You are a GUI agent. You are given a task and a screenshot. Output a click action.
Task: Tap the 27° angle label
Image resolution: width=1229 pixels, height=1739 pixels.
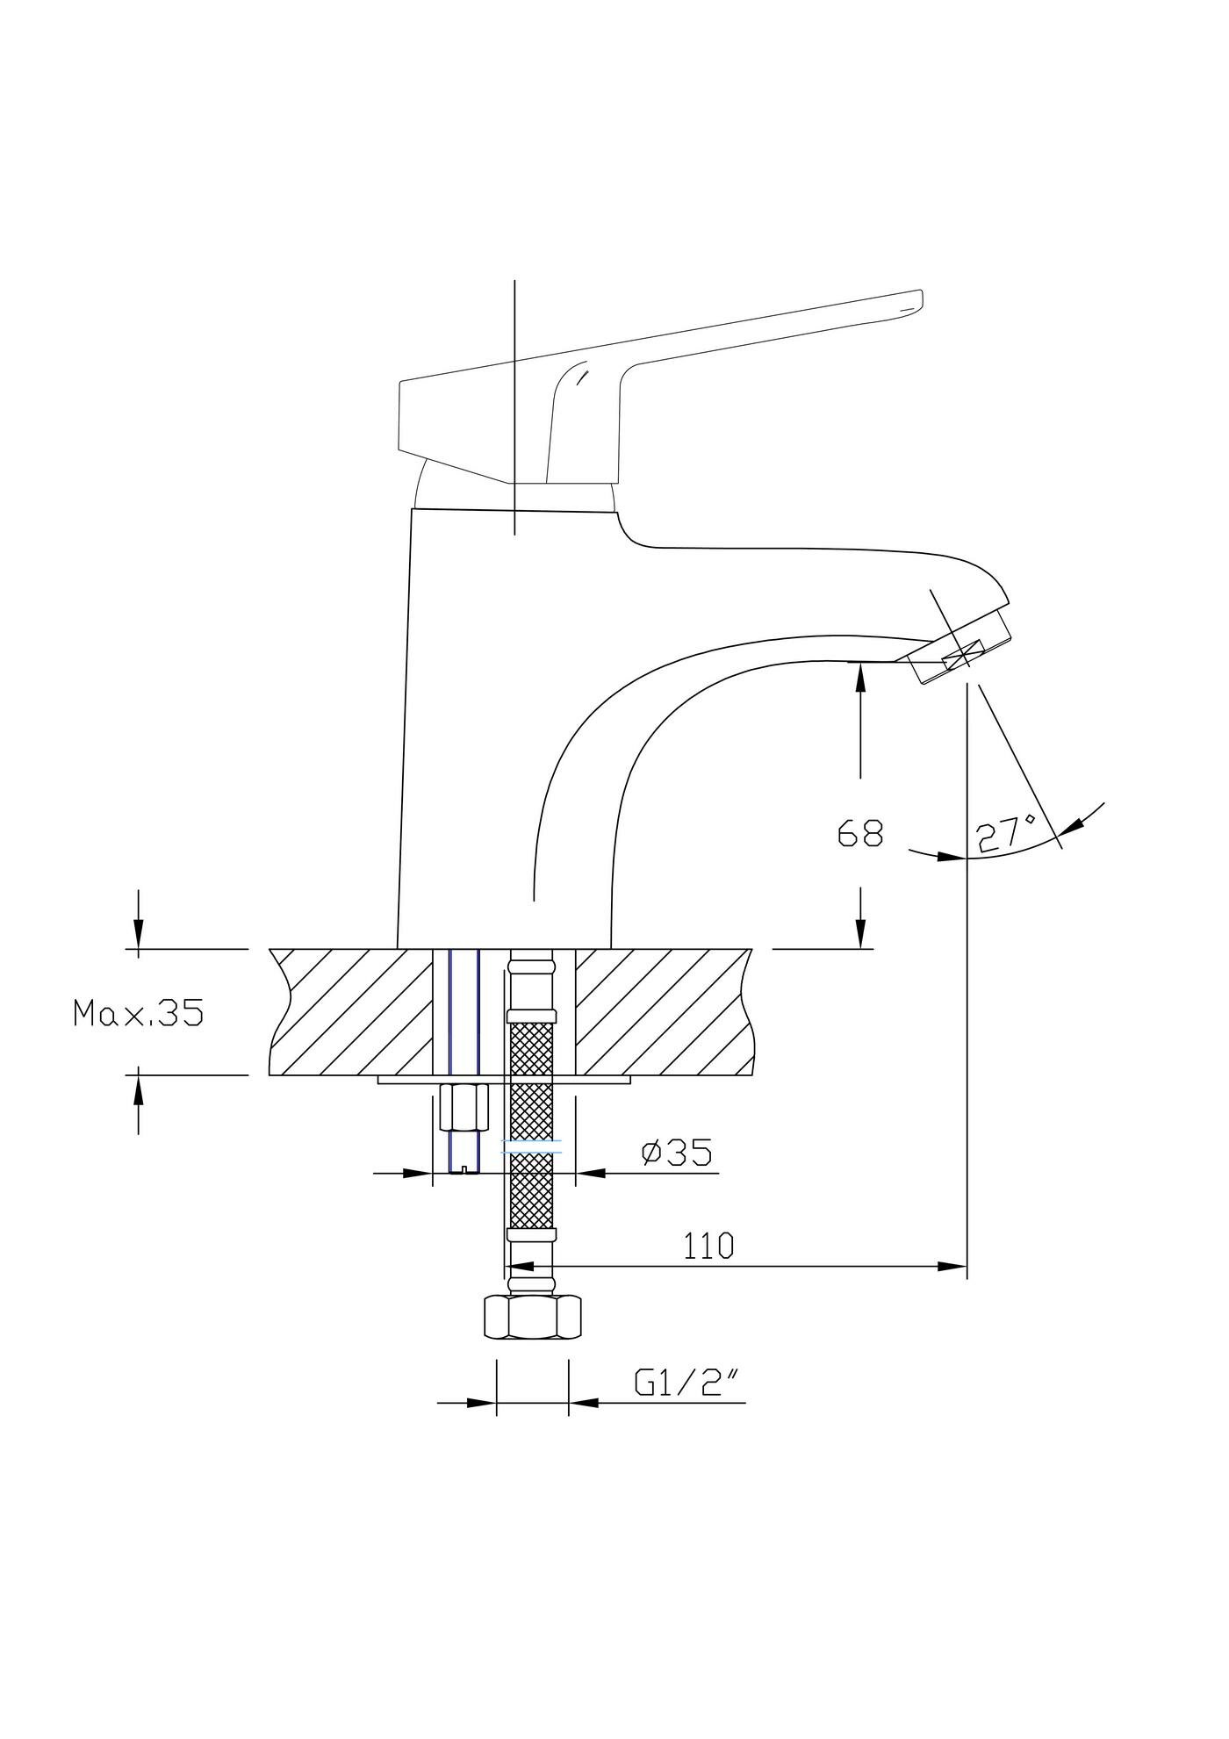[1006, 833]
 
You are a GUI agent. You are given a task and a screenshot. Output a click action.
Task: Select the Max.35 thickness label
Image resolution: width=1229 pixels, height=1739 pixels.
[139, 1014]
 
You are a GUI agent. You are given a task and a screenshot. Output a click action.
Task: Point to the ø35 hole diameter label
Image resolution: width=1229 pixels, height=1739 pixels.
[676, 1152]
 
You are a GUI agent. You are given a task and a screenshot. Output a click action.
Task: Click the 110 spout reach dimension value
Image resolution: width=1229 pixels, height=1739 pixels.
[708, 1246]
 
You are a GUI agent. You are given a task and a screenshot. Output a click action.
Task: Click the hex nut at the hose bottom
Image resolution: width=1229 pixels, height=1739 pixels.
[533, 1318]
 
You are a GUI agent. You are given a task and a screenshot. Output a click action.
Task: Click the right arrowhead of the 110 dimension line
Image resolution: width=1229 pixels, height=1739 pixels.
[953, 1266]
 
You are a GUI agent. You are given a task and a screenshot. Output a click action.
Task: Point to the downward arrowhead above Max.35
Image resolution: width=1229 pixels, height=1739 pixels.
[138, 935]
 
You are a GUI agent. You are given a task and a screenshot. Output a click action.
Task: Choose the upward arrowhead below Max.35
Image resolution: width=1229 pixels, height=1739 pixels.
[138, 1089]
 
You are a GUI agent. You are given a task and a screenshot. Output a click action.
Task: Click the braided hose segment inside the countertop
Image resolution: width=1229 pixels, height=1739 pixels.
[532, 1045]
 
